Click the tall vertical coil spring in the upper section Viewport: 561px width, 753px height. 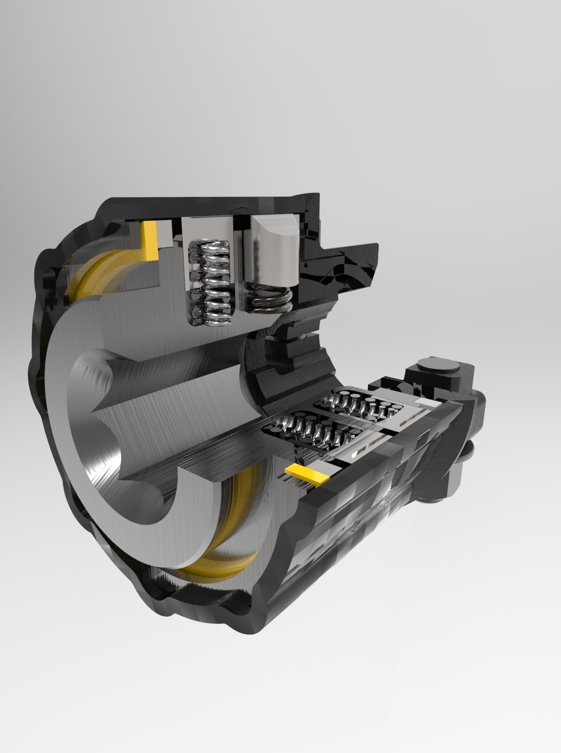pyautogui.click(x=209, y=283)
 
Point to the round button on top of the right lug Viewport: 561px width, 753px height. pyautogui.click(x=436, y=364)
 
